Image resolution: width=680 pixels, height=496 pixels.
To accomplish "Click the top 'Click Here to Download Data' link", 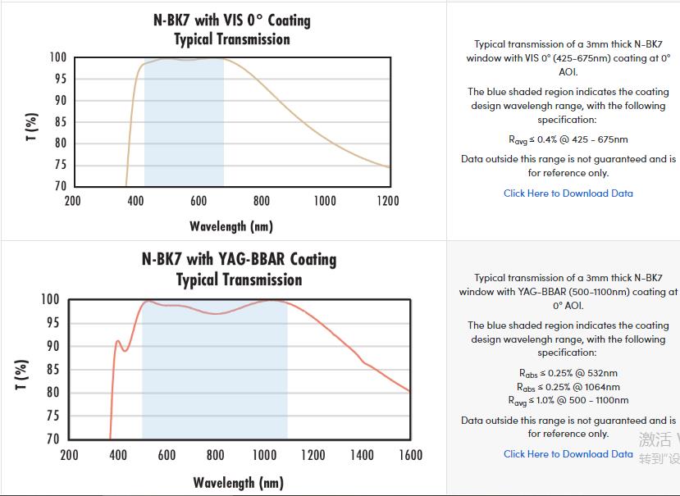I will (x=568, y=193).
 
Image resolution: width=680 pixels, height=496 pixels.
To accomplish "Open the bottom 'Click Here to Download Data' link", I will (x=568, y=454).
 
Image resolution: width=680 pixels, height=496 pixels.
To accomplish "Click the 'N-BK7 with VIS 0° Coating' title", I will (x=232, y=20).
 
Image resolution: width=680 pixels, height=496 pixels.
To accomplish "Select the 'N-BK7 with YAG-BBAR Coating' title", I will (x=239, y=259).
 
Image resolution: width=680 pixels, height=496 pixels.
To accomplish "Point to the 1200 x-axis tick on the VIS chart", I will (x=388, y=201).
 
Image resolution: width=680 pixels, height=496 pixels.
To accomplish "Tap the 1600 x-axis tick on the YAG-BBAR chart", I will (x=410, y=455).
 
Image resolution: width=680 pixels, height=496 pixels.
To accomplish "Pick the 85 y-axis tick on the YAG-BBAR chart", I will (x=52, y=370).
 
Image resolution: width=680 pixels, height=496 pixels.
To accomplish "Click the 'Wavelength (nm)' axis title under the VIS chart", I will (x=231, y=225).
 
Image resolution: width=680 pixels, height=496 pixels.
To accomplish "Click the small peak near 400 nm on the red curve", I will (x=118, y=341).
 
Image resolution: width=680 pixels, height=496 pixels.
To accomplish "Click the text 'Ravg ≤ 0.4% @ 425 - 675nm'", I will (x=568, y=140).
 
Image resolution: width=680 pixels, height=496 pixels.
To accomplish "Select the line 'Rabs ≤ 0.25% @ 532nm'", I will (x=568, y=373).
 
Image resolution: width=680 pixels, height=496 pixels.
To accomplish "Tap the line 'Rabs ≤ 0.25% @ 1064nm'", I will (x=568, y=387).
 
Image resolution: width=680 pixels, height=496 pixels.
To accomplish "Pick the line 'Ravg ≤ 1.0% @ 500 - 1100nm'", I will (x=568, y=400).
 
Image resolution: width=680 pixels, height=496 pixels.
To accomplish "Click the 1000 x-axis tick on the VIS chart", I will (x=325, y=201).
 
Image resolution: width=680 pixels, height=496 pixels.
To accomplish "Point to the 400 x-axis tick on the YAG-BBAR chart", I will (x=118, y=455).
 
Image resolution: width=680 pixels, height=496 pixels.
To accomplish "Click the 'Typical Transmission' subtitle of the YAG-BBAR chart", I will (x=239, y=280).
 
